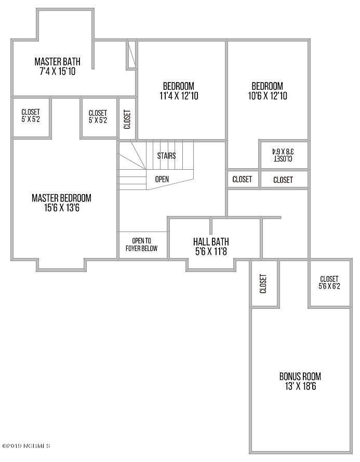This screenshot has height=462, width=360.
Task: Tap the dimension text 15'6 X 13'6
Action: (x=62, y=208)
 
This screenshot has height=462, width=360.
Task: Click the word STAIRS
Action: (x=166, y=156)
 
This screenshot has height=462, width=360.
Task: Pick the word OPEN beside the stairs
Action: (x=162, y=179)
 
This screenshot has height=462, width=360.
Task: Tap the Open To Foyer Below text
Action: (x=141, y=245)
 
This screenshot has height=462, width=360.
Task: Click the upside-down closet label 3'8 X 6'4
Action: (x=283, y=155)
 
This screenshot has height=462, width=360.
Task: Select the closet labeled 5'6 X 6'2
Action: (x=329, y=282)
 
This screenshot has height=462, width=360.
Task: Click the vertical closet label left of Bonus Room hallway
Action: (x=263, y=284)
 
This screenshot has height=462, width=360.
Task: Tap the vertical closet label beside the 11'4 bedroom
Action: (x=127, y=119)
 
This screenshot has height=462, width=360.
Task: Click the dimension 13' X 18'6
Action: (x=300, y=386)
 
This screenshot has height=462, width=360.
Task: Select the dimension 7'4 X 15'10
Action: (x=58, y=71)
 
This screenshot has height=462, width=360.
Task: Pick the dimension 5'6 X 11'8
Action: (x=211, y=252)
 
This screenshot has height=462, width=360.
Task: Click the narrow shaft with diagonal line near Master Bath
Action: (x=131, y=55)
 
